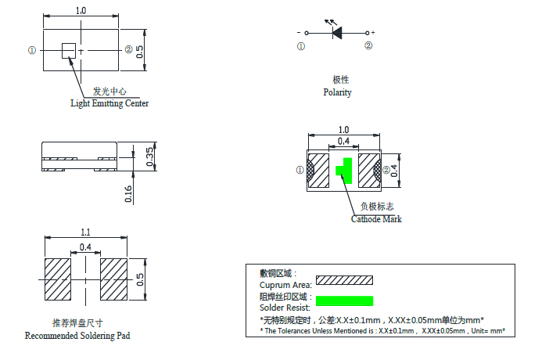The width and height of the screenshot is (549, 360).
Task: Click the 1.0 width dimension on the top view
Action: pyautogui.click(x=80, y=10)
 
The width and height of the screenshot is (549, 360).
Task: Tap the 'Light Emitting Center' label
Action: pyautogui.click(x=109, y=103)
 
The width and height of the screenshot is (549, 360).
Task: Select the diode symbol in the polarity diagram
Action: pyautogui.click(x=338, y=33)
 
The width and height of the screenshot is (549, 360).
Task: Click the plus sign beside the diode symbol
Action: pyautogui.click(x=373, y=33)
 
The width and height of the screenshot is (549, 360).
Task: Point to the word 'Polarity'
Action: pyautogui.click(x=337, y=92)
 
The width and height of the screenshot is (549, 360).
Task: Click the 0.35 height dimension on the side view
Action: pyautogui.click(x=150, y=157)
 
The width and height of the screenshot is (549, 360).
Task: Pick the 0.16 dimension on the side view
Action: pyautogui.click(x=129, y=193)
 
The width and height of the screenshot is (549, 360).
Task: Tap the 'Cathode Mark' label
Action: pyautogui.click(x=376, y=219)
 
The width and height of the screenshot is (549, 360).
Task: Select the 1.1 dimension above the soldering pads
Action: pyautogui.click(x=85, y=232)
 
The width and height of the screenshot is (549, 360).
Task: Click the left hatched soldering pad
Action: pyautogui.click(x=57, y=279)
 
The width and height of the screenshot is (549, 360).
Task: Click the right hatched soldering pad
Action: pyautogui.click(x=113, y=279)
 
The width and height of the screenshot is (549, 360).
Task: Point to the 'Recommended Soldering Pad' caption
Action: pyautogui.click(x=77, y=336)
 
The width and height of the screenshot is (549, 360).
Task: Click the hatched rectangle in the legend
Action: pyautogui.click(x=344, y=279)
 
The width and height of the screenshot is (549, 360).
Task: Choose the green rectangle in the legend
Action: pyautogui.click(x=344, y=301)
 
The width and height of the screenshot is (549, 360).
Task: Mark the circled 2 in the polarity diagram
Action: pyautogui.click(x=368, y=46)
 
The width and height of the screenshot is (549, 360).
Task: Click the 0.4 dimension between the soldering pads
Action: pyautogui.click(x=85, y=247)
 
